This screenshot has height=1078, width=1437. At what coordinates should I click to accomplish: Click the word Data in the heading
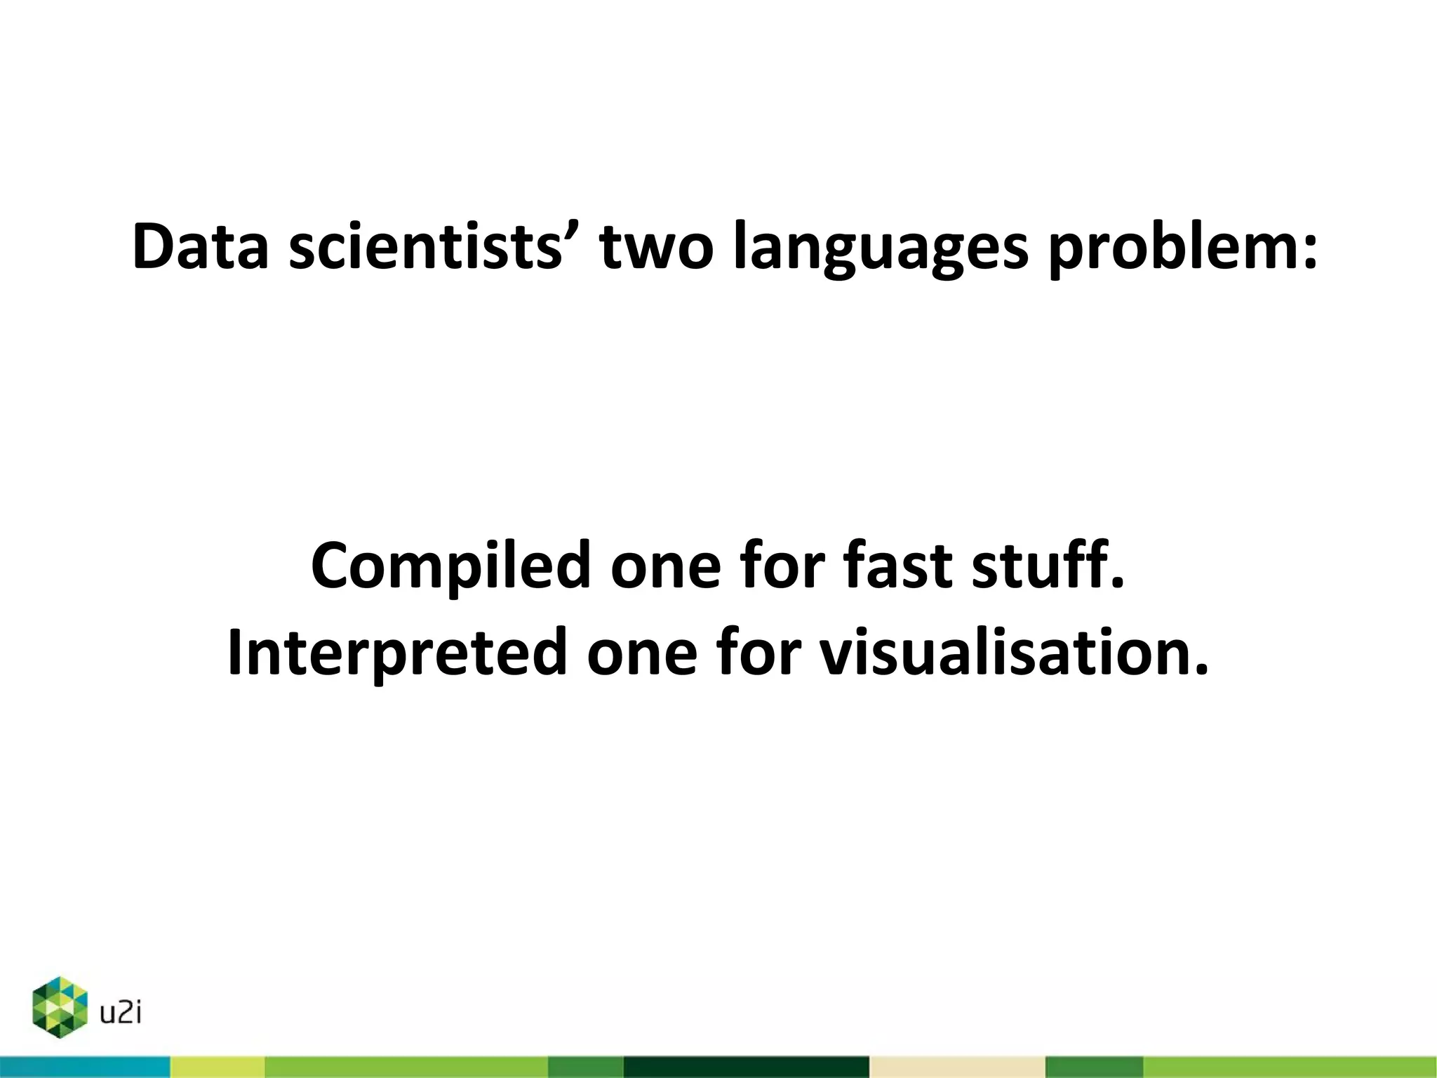point(201,247)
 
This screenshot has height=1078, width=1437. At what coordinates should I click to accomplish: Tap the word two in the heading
point(656,247)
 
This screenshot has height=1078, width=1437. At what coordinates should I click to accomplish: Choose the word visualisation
point(1015,653)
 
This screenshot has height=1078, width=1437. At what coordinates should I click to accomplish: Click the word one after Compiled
point(665,567)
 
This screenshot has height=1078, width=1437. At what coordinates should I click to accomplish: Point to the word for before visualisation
point(759,653)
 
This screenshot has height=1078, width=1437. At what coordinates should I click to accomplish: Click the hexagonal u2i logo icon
point(60,1007)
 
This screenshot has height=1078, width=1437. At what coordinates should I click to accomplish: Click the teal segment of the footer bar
point(84,1067)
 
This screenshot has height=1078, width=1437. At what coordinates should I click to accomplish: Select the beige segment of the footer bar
point(957,1067)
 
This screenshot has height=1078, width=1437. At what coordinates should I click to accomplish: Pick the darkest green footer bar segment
point(746,1067)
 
